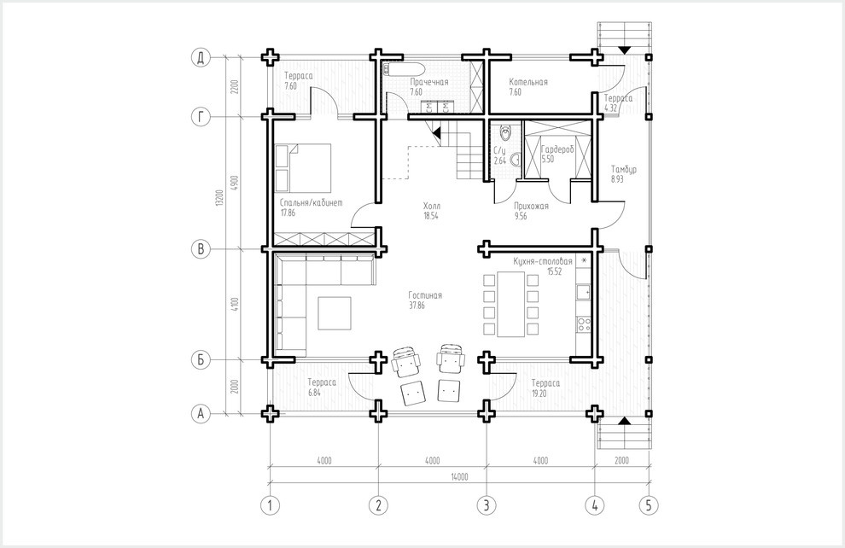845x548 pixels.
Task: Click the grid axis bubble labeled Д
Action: (x=201, y=58)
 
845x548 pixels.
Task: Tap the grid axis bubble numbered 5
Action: (x=649, y=505)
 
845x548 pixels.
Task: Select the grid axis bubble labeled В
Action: (x=201, y=249)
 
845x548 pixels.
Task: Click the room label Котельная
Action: (x=528, y=82)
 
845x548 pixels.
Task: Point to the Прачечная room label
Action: (x=429, y=82)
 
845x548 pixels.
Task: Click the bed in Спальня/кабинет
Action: (x=303, y=167)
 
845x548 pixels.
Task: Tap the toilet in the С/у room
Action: (x=505, y=131)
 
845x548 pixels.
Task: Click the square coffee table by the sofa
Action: (x=334, y=313)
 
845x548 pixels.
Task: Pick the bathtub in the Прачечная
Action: (x=403, y=69)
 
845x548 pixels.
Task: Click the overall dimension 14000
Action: (x=460, y=476)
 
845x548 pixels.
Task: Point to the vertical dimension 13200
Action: (x=219, y=198)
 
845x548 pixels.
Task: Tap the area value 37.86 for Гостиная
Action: (x=417, y=306)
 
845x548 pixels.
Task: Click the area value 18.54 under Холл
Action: (x=431, y=216)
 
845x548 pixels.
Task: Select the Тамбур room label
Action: (x=624, y=169)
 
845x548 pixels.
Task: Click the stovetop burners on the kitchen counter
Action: (x=584, y=324)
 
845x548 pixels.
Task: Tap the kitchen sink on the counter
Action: (x=584, y=292)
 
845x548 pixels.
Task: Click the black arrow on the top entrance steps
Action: (x=624, y=50)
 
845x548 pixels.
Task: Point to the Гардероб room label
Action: (x=557, y=149)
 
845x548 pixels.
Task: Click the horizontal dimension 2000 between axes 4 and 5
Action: (x=621, y=461)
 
